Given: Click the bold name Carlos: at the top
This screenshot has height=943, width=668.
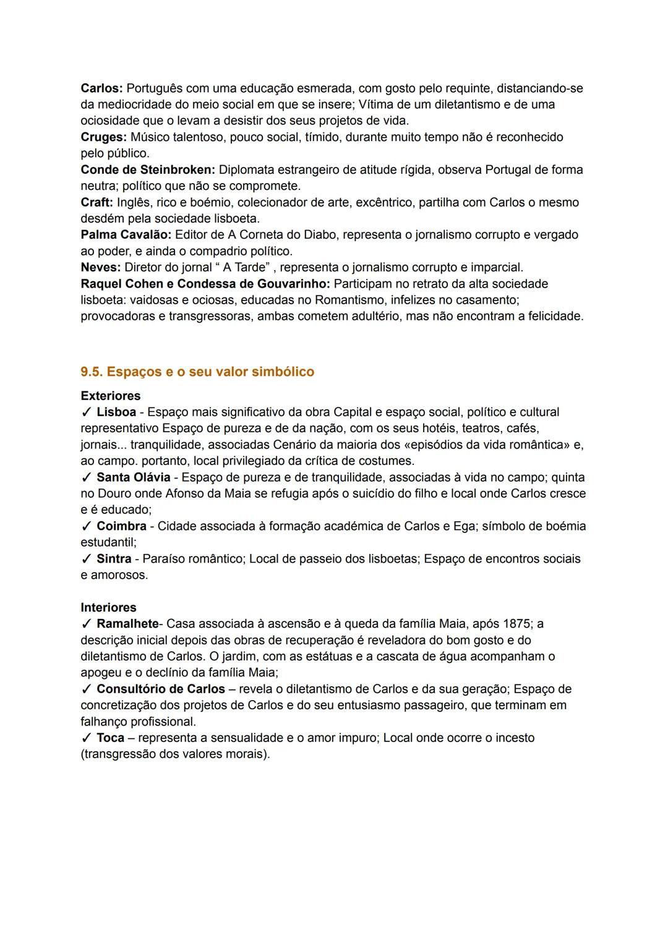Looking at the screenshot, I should (x=101, y=88).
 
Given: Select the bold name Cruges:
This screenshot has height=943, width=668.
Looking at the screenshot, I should (x=103, y=137).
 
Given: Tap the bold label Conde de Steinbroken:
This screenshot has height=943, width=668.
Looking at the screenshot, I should (x=148, y=169).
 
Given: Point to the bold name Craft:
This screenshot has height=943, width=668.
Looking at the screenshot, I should (x=96, y=202).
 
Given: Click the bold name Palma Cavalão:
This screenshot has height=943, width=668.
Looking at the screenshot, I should (x=126, y=234).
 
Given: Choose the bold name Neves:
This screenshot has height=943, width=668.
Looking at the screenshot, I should (x=100, y=267).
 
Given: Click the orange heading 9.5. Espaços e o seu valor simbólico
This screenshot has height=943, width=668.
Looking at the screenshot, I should (x=197, y=372).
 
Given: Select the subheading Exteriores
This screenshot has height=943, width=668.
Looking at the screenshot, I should (x=110, y=396).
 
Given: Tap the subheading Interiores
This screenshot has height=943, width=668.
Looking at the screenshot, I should (x=108, y=607).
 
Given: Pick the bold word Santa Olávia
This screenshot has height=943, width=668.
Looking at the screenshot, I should (x=133, y=477).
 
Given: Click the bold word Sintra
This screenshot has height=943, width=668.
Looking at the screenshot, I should (x=114, y=558).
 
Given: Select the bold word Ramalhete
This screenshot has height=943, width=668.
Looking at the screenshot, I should (x=127, y=623).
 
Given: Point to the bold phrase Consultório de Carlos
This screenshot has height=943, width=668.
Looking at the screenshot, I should (x=161, y=689).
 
